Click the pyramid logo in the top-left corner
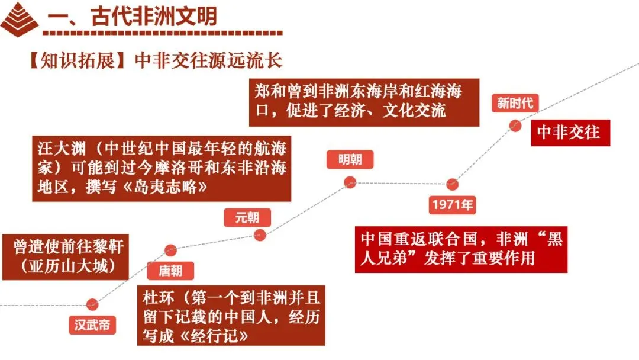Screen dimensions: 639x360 click(x=20, y=19)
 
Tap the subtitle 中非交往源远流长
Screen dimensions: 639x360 click(x=209, y=60)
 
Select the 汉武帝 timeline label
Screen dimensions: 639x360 click(x=92, y=325)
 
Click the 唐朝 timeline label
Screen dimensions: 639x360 click(x=170, y=271)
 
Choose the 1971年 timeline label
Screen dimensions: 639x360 click(x=452, y=205)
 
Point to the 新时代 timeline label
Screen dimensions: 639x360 click(x=515, y=103)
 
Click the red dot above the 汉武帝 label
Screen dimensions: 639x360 click(x=92, y=304)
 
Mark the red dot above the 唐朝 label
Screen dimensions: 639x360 click(x=170, y=250)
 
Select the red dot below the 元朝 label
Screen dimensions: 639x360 click(x=260, y=235)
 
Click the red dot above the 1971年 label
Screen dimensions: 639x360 click(x=453, y=184)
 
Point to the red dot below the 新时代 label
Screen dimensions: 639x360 click(x=515, y=125)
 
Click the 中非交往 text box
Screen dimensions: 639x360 click(x=569, y=132)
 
